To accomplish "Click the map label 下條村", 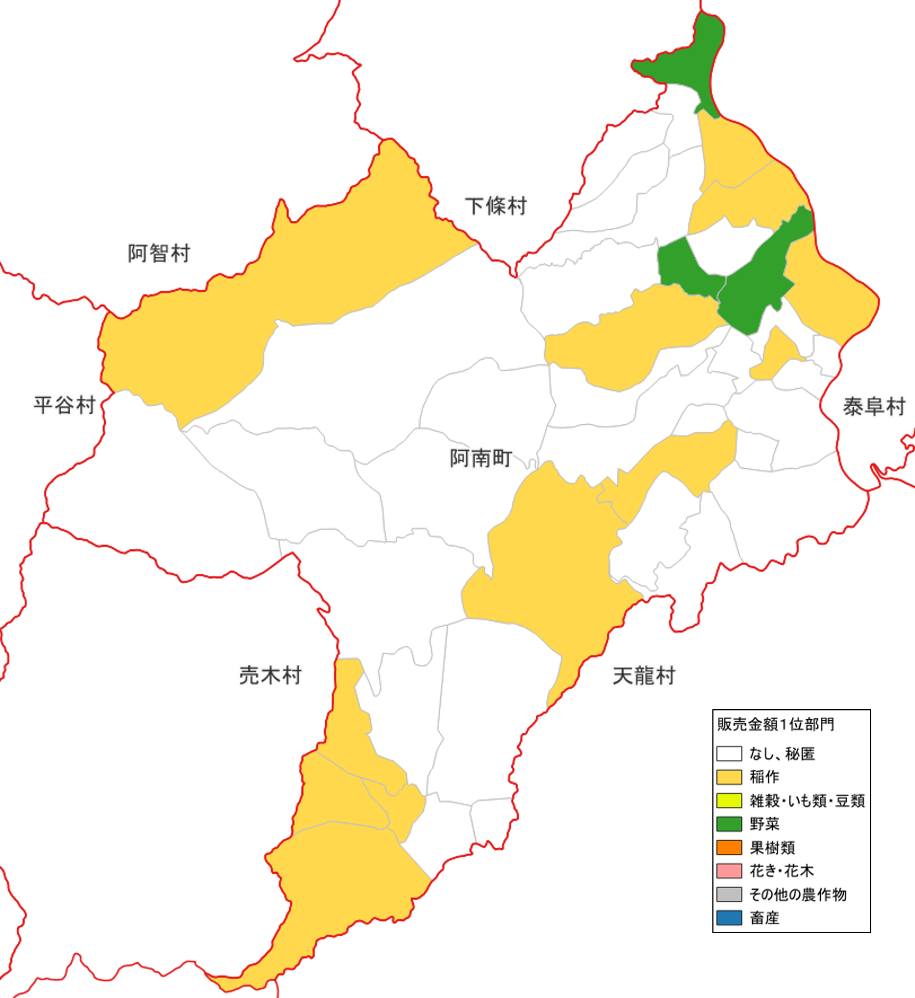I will (496, 206).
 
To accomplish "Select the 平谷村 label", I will (64, 405).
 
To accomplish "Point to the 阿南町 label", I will (480, 458).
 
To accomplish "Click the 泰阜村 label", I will (874, 407).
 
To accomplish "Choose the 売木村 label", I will (270, 675).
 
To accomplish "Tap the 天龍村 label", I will (644, 676).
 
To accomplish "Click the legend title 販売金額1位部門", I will (775, 724).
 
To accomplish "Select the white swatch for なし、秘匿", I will (729, 753).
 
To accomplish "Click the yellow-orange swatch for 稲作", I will (729, 777).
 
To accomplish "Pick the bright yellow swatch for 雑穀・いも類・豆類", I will (729, 801).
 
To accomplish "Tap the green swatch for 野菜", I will (729, 824).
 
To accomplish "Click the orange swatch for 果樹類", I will (729, 848).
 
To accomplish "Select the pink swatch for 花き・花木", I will (729, 871).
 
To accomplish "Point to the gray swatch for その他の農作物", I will (729, 895).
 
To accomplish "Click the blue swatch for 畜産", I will (729, 918).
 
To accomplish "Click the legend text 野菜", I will (765, 824).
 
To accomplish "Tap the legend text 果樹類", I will (772, 848).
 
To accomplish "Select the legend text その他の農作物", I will (798, 895).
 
